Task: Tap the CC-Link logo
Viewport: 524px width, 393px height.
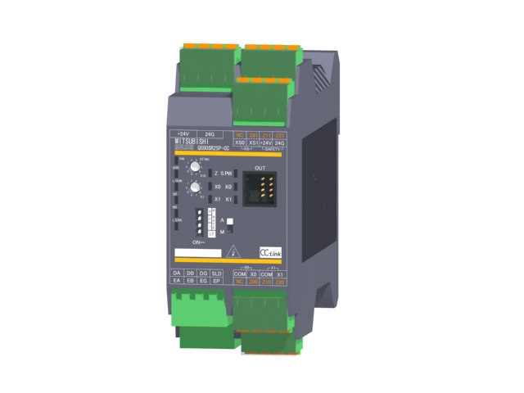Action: tap(270, 252)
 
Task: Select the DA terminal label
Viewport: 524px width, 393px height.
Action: tap(177, 273)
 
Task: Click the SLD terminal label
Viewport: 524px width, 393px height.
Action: tap(217, 273)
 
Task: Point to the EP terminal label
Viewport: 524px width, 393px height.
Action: tap(217, 281)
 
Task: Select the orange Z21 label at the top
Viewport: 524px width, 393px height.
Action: tap(280, 135)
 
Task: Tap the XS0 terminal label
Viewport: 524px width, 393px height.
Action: tap(240, 143)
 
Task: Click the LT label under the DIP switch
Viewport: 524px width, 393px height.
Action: tap(213, 236)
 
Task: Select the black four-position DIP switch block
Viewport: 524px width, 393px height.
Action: tap(199, 222)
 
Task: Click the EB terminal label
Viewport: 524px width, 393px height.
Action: tap(190, 281)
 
